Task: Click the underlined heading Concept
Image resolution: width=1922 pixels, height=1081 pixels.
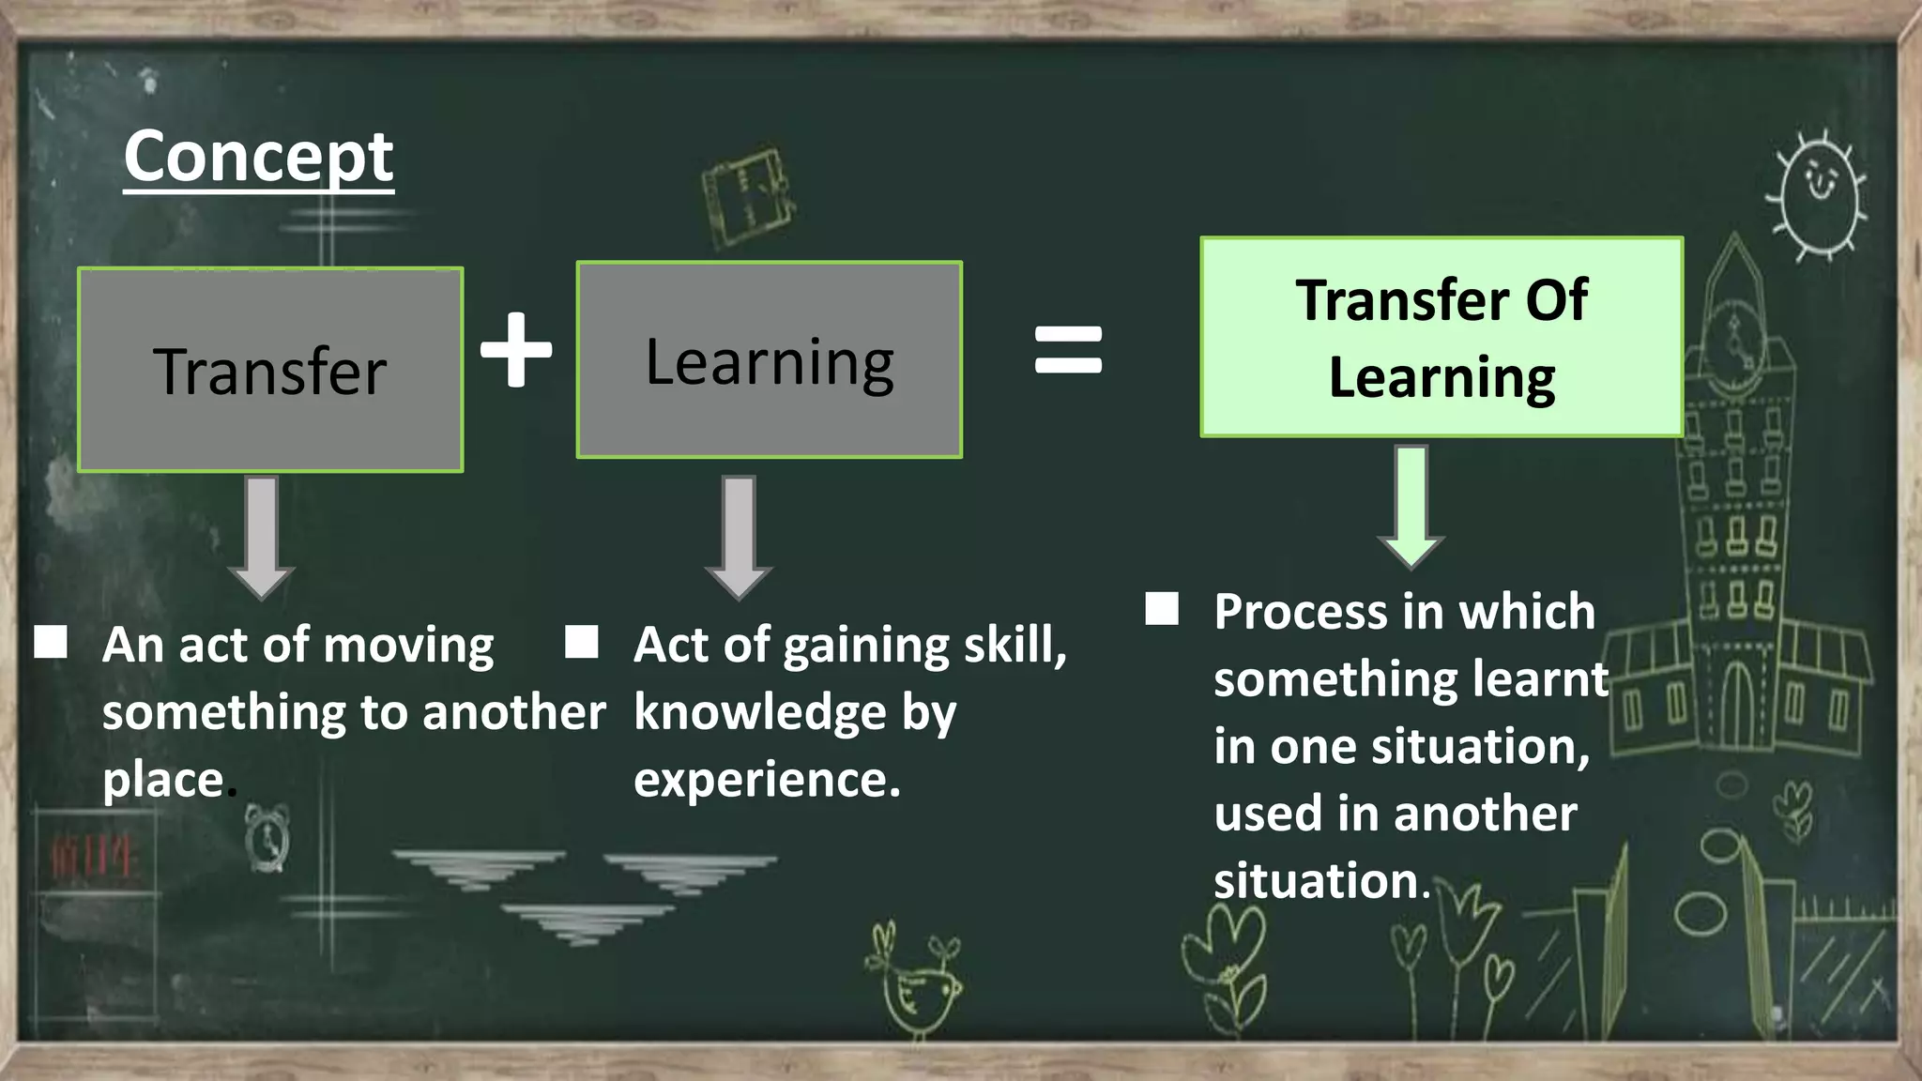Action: pos(258,158)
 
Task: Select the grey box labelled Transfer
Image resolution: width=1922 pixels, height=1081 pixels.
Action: pos(270,370)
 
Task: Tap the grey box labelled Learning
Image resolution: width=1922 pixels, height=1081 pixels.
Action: pos(770,360)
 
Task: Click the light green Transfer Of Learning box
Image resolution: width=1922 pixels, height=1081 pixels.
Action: pos(1441,337)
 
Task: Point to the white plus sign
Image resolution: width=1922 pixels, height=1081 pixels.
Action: pos(516,349)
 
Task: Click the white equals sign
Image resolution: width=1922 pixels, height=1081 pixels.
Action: pos(1068,349)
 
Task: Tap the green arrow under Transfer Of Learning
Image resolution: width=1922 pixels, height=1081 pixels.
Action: pos(1411,507)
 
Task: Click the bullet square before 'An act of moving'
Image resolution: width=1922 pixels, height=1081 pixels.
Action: pos(51,643)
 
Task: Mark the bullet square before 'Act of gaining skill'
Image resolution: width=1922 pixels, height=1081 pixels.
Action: pos(582,643)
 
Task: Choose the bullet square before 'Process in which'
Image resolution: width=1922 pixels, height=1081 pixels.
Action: pos(1162,609)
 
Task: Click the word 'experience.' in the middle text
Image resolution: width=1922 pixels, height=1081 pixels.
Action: pos(767,780)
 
